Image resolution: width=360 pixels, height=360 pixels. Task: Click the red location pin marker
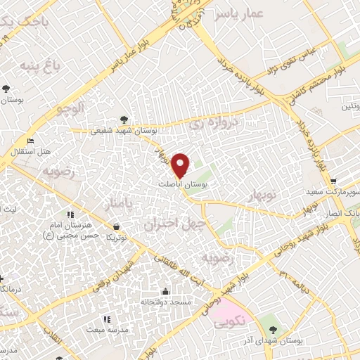click(182, 165)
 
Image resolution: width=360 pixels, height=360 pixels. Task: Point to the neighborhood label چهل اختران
click(169, 224)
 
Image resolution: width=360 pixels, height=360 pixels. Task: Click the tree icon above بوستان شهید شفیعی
click(124, 120)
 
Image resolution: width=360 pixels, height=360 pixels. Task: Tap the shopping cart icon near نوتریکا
click(115, 226)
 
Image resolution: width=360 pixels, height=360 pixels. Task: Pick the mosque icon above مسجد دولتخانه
click(165, 291)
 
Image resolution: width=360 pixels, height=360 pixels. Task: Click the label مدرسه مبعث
click(105, 329)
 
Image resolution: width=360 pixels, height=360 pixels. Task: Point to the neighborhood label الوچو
click(70, 108)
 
